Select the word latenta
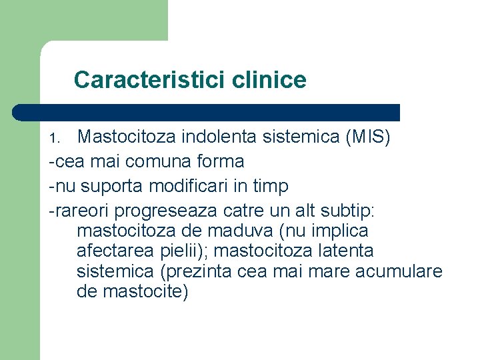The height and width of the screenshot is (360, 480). [342, 251]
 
